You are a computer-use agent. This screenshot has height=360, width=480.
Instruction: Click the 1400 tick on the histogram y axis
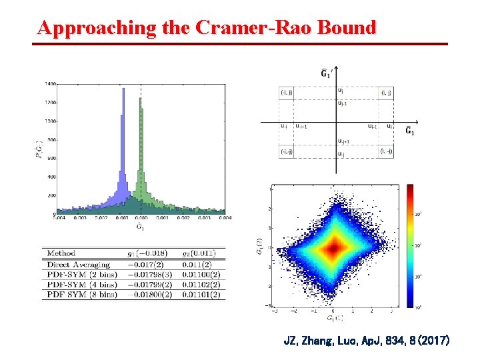pyautogui.click(x=51, y=84)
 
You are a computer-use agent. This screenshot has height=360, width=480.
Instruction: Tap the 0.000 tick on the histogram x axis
pyautogui.click(x=140, y=217)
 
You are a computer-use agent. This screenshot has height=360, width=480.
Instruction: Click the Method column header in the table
pyautogui.click(x=61, y=253)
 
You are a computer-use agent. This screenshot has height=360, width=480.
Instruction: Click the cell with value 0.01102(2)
pyautogui.click(x=204, y=285)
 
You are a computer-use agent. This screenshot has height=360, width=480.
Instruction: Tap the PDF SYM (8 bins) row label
pyautogui.click(x=82, y=295)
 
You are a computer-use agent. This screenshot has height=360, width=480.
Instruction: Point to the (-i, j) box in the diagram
pyautogui.click(x=287, y=92)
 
